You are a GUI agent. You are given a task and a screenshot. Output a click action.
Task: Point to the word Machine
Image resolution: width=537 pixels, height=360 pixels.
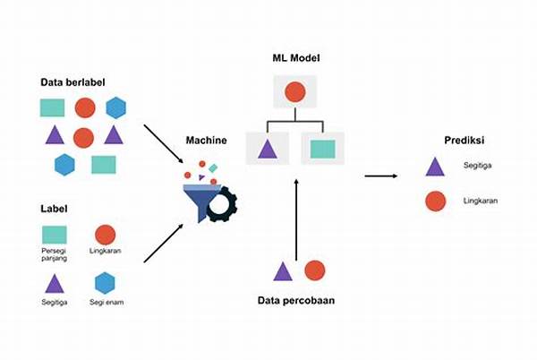[206, 141]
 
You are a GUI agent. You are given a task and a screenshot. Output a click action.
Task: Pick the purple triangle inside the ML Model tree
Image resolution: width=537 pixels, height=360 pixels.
[266, 149]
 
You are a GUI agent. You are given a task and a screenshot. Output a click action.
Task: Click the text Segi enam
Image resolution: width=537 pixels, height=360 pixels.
[107, 303]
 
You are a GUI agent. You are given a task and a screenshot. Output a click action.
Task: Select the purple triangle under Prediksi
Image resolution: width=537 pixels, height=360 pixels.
[435, 167]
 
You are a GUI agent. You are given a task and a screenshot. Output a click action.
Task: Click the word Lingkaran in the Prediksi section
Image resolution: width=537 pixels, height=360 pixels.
[481, 201]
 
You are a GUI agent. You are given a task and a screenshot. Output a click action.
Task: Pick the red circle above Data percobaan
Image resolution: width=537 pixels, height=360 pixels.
[314, 270]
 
